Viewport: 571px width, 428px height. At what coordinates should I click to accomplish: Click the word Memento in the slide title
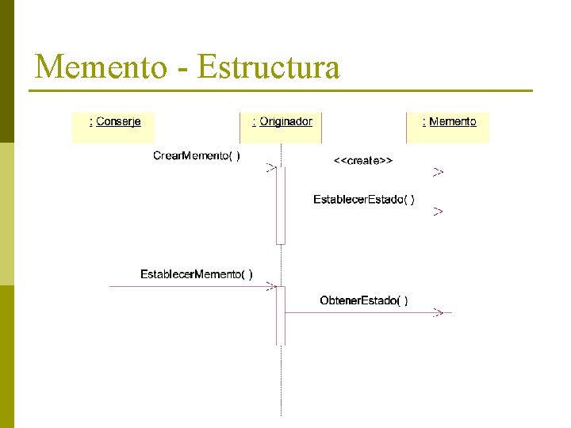101,67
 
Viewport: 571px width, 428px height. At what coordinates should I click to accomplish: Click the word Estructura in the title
268,67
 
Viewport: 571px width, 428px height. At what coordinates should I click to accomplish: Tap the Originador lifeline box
281,127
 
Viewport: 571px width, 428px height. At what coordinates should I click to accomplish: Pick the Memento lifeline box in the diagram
448,127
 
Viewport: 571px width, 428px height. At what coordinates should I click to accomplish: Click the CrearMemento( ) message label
197,155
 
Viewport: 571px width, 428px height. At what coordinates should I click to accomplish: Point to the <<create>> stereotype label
362,160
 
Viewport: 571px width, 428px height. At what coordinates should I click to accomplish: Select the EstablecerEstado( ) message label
363,199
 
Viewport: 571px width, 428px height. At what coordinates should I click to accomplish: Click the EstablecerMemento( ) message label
197,274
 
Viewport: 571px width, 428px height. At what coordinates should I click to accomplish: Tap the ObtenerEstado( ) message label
364,300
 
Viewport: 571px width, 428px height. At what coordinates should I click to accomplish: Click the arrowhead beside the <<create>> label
438,171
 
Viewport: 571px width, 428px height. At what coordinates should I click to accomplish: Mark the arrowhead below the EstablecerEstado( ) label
438,212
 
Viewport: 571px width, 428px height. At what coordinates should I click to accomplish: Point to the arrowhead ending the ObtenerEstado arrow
438,313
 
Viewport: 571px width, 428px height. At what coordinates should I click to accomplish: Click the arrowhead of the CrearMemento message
270,167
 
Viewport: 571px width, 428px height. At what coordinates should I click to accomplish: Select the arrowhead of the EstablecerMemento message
270,287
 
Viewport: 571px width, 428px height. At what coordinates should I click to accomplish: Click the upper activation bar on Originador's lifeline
281,206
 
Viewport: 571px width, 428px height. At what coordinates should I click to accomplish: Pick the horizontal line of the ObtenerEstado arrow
357,313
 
